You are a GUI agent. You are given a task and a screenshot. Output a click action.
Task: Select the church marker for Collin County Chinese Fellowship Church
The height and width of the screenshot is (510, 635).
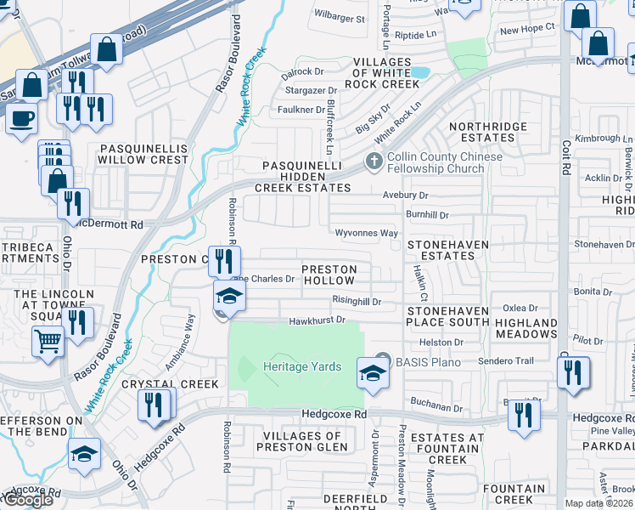pos(373,161)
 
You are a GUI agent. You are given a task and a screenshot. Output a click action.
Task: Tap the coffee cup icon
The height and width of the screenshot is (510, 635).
pos(22,118)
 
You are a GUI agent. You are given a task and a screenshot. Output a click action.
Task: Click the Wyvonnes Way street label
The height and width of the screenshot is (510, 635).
pos(367,233)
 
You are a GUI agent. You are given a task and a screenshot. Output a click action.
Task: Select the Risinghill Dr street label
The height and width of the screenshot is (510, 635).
pos(357,301)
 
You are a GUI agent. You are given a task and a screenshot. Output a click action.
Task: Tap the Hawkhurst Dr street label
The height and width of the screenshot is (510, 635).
pos(317,320)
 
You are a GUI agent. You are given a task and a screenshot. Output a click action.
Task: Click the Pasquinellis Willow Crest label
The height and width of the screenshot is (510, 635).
pos(143,153)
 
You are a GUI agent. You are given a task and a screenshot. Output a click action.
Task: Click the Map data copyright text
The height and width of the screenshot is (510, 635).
pos(599,503)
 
